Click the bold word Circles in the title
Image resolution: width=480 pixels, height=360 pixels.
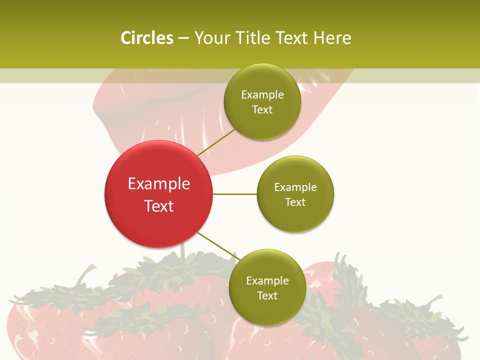tap(146, 38)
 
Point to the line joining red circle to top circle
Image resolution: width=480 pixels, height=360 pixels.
tap(216, 142)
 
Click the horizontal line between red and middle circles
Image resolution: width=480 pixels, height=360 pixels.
tap(234, 194)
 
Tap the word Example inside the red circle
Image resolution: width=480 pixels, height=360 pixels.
tap(159, 184)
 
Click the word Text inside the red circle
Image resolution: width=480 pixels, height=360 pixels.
tap(159, 206)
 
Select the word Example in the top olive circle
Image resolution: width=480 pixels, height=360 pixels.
tap(262, 95)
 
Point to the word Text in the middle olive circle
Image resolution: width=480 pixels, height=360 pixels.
tap(295, 202)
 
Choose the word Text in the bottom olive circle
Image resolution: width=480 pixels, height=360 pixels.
tap(267, 295)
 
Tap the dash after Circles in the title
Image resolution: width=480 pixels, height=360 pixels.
tap(183, 38)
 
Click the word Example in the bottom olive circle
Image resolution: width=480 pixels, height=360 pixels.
tap(267, 280)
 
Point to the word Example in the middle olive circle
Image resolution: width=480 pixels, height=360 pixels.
tap(295, 187)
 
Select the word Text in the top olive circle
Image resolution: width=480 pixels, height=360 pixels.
tap(262, 109)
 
